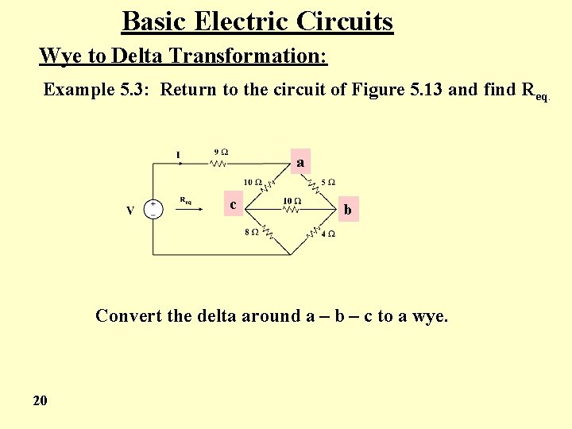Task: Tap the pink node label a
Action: click(x=300, y=162)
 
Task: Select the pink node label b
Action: click(x=347, y=210)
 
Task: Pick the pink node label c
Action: click(x=233, y=204)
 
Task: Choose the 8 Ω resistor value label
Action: click(x=251, y=233)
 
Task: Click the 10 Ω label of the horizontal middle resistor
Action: click(x=292, y=201)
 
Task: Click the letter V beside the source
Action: click(x=129, y=211)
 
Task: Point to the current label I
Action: click(x=178, y=154)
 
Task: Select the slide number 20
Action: click(x=41, y=400)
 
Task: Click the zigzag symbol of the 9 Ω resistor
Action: click(x=218, y=164)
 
